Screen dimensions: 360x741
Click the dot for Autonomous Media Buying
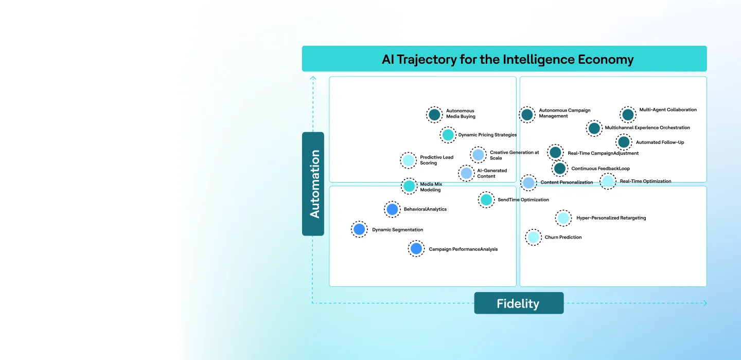pos(434,114)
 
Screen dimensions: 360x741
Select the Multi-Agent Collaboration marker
pos(628,115)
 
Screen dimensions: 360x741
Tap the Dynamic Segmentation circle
pos(359,229)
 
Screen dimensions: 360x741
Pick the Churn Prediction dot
pos(534,237)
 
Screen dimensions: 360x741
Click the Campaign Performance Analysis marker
pos(416,249)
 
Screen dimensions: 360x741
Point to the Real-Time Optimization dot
pos(608,181)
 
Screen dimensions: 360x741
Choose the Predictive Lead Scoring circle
pos(409,160)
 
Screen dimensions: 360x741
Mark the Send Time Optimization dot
pos(486,200)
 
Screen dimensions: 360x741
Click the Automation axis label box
pos(313,184)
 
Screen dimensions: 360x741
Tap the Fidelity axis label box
pos(518,303)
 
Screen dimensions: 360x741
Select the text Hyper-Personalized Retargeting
pos(611,218)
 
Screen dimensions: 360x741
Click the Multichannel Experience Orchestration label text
pos(647,128)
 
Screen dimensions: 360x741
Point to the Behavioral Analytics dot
pos(392,209)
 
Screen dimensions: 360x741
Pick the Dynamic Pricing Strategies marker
pos(448,135)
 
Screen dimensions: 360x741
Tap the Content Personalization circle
pos(528,183)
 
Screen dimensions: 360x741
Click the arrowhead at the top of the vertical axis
pos(313,78)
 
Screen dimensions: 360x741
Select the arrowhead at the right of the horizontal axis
pos(704,303)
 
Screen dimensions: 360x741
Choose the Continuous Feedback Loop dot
pos(560,168)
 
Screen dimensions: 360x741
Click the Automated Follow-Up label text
pos(660,142)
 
